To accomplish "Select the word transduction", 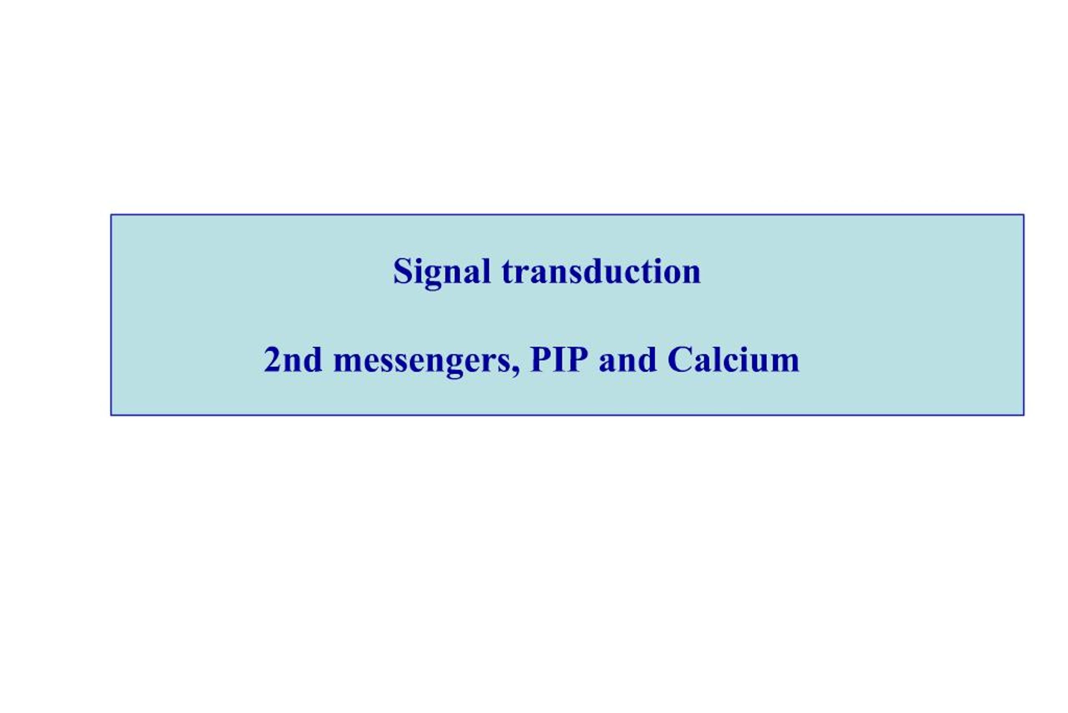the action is coord(601,271).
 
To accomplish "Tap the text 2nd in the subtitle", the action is coord(293,360).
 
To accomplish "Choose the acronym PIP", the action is coord(559,360).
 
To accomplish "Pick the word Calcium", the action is coord(733,360).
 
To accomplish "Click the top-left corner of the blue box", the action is coord(111,215).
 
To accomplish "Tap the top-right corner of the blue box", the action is coord(1024,215).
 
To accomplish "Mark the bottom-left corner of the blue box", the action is coord(111,415).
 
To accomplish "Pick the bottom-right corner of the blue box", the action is coord(1024,415).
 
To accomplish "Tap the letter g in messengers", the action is coord(455,367).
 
